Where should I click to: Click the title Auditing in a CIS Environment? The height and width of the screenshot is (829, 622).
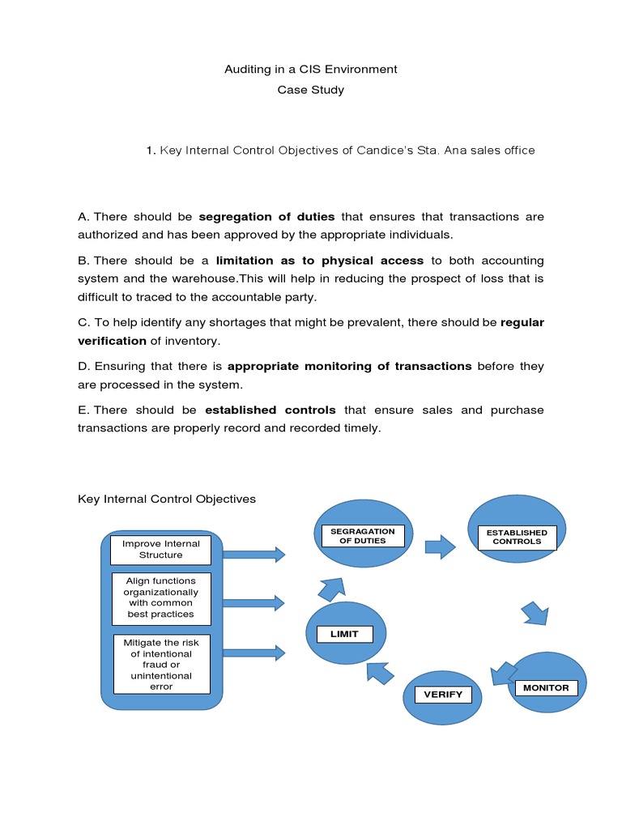310,70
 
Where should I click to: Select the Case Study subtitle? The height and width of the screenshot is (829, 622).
310,90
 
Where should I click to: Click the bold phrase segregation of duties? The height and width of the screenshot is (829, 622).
266,217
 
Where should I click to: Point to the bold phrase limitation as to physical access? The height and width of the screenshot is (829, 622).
320,261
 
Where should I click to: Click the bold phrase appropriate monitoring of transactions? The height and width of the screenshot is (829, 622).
349,367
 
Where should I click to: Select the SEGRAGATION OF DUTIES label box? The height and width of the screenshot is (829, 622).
363,536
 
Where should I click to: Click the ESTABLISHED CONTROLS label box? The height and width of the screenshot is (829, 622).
517,537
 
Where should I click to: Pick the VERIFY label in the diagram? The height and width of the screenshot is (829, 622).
443,695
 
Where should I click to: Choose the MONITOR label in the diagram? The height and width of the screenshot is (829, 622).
546,688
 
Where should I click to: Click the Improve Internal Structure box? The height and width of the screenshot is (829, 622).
161,550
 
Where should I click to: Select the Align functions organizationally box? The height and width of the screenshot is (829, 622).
161,597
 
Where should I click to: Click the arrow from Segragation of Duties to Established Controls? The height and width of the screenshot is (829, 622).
440,546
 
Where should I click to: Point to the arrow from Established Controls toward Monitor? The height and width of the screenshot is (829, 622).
534,612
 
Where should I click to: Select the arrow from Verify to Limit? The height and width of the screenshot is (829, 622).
380,671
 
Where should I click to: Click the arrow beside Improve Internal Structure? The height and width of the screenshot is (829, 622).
253,555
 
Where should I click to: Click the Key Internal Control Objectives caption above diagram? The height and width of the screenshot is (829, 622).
167,500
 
